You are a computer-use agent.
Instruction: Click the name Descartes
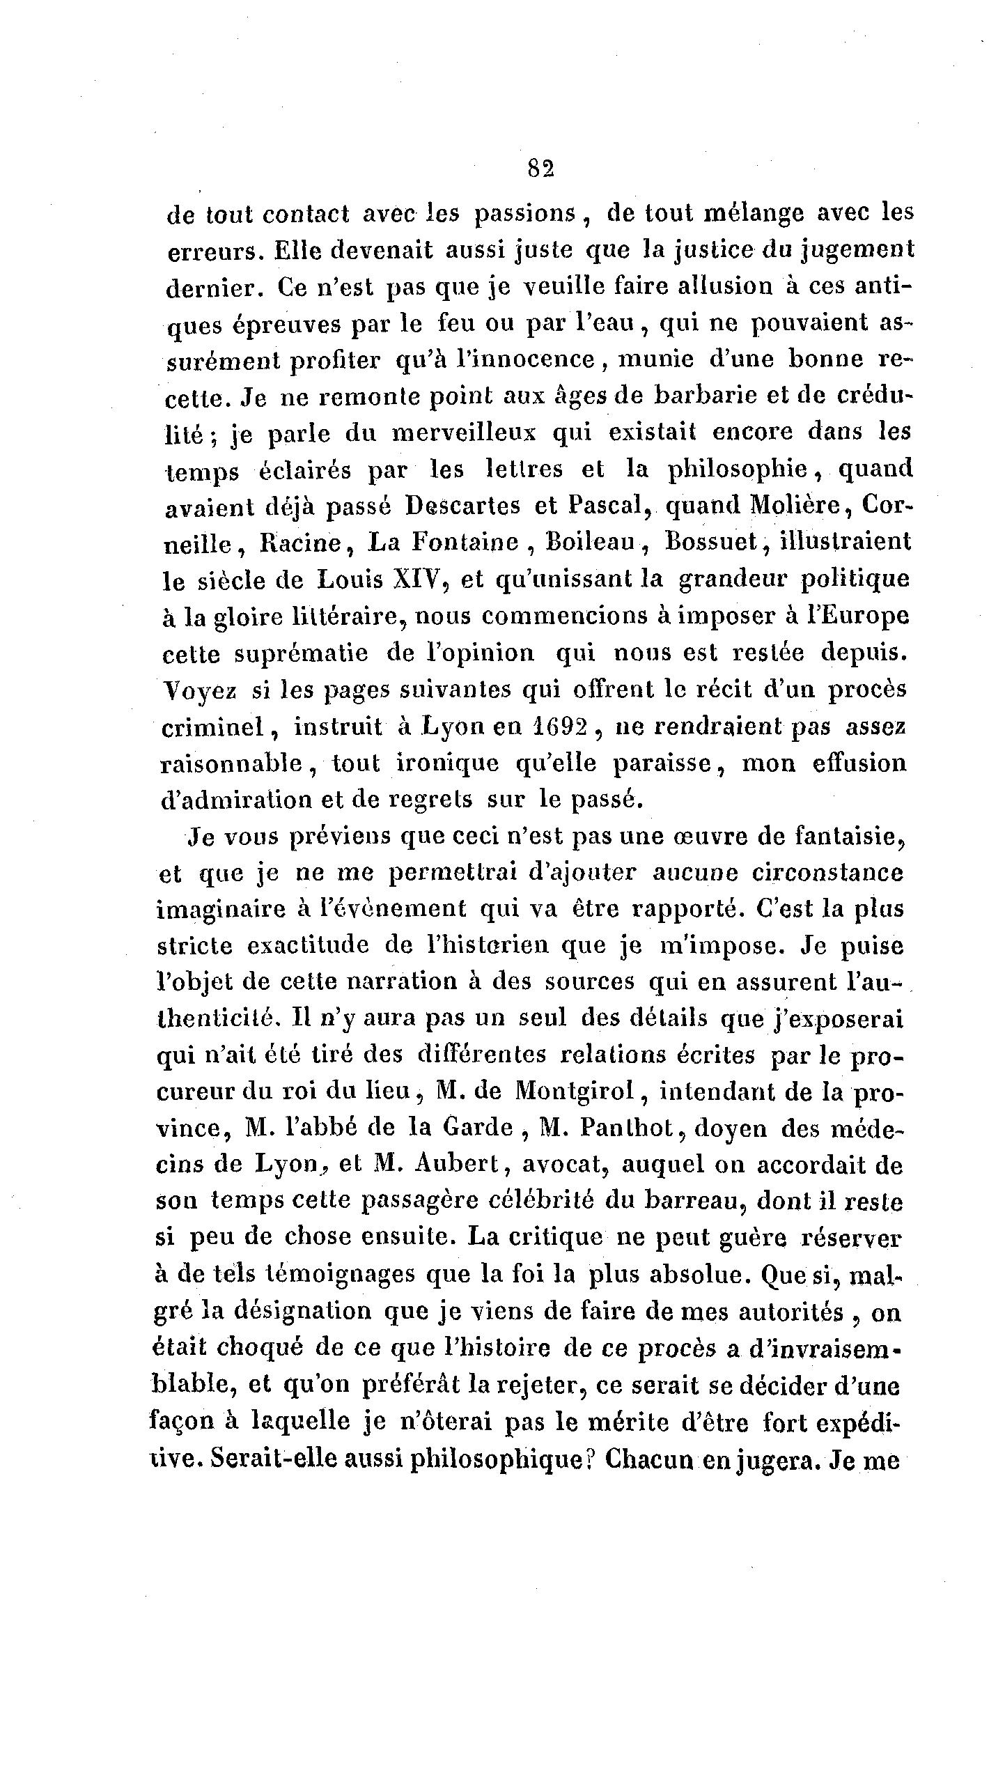463,506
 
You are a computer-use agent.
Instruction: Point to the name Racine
300,543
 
